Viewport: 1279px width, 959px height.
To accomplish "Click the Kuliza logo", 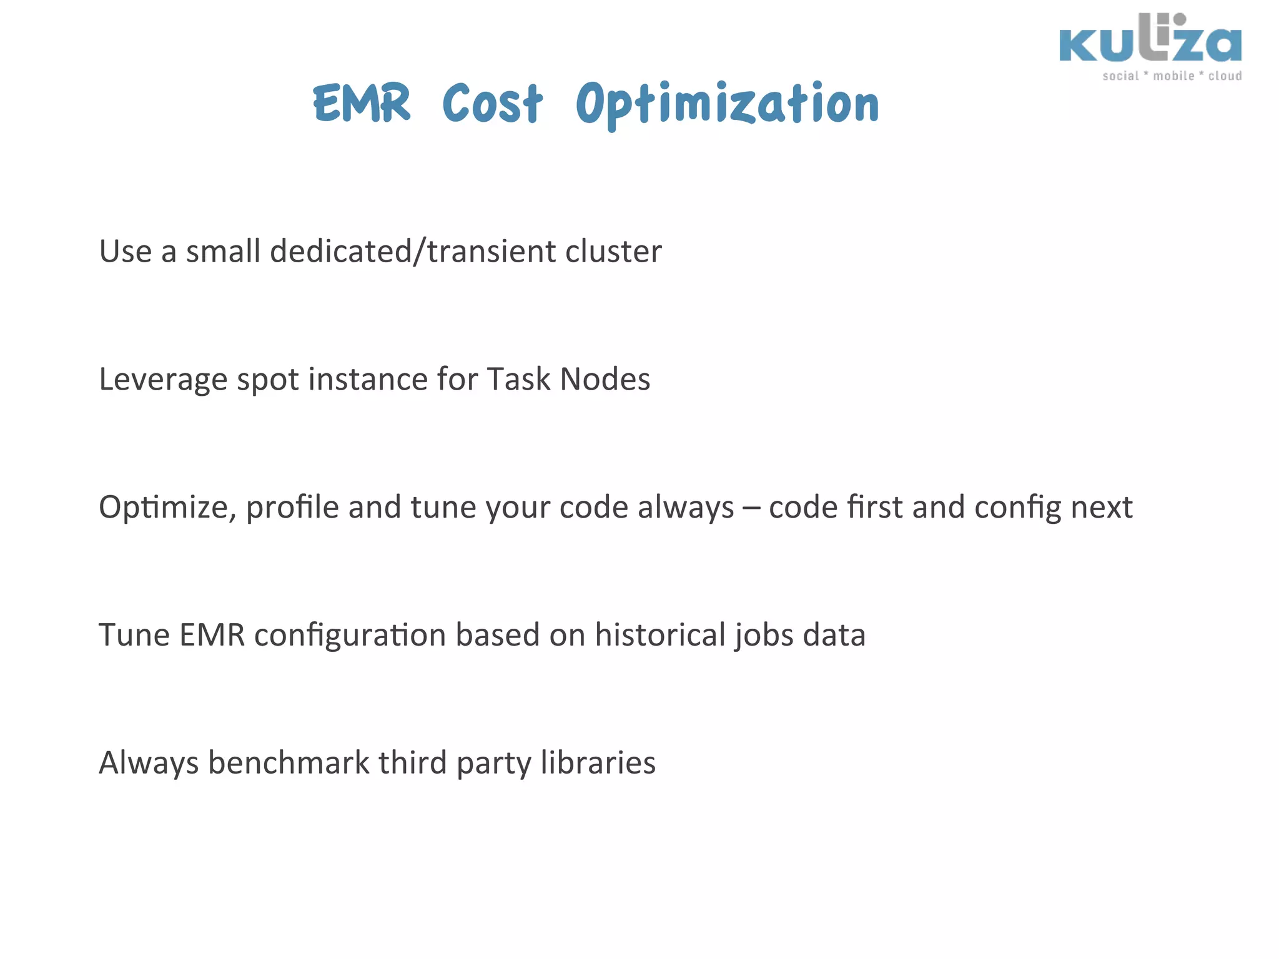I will [1150, 41].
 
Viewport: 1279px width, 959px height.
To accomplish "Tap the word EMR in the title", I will [362, 104].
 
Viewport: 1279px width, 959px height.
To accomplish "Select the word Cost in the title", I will [492, 104].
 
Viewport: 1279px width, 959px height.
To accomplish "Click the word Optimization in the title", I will [727, 104].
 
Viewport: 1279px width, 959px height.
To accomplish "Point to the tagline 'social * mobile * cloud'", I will [1172, 76].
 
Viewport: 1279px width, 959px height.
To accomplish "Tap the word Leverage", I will [163, 380].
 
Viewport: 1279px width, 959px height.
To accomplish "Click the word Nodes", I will [605, 380].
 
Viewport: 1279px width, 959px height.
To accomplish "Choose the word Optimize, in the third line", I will [167, 508].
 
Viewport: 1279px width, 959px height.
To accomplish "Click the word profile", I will [292, 508].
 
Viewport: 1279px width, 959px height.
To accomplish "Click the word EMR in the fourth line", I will [212, 635].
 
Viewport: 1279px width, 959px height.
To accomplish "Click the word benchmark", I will [289, 763].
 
